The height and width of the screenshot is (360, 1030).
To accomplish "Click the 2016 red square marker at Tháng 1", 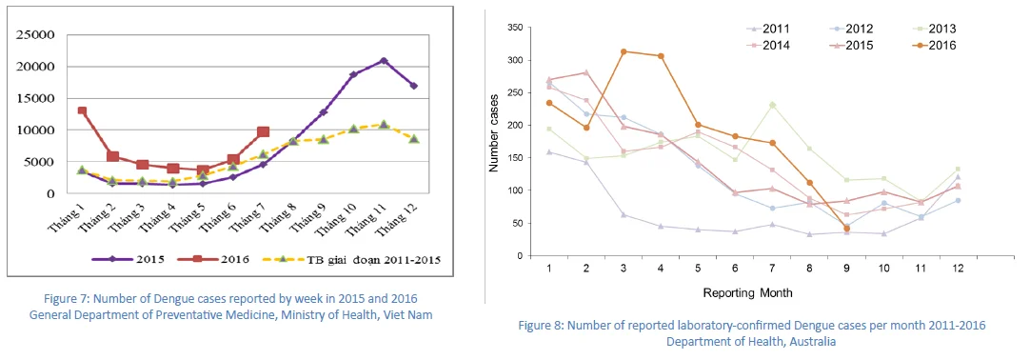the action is [x=82, y=110].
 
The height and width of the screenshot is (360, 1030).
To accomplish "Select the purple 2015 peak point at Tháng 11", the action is [x=383, y=60].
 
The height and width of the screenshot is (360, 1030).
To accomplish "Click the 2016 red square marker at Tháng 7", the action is [x=263, y=132].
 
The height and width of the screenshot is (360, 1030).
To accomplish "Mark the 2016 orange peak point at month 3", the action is [x=623, y=51].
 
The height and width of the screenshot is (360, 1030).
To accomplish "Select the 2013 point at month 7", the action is [x=773, y=105].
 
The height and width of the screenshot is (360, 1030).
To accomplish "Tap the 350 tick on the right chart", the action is [x=518, y=28].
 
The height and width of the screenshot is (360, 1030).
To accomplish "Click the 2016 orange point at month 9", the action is [x=846, y=229].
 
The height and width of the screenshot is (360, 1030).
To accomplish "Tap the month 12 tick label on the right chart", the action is [x=958, y=269].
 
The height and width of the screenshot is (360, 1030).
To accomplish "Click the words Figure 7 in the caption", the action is [x=65, y=300].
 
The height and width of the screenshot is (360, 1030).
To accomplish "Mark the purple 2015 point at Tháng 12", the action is [x=414, y=86].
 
